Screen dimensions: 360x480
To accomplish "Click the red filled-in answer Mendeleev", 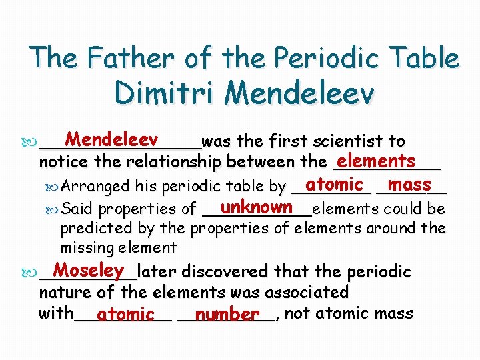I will [x=111, y=140].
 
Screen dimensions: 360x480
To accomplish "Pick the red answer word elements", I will [x=376, y=161].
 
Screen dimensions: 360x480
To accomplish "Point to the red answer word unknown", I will [x=257, y=207].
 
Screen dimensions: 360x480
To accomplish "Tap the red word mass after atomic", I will [x=409, y=183].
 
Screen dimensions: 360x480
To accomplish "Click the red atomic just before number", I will [x=125, y=313].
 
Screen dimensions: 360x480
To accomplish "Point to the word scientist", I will [x=353, y=141].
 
